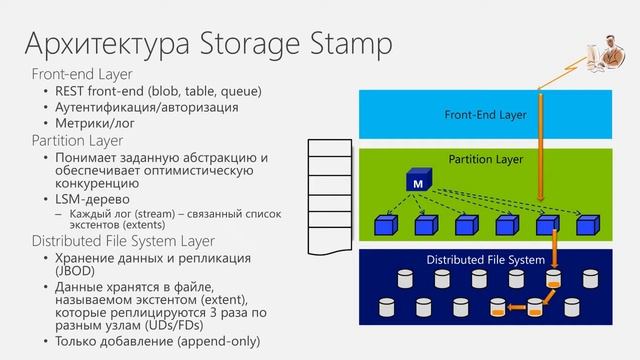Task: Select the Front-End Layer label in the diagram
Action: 485,115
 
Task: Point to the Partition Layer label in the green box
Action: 486,158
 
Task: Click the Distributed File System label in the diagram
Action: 486,260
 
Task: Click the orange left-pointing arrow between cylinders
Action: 516,306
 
